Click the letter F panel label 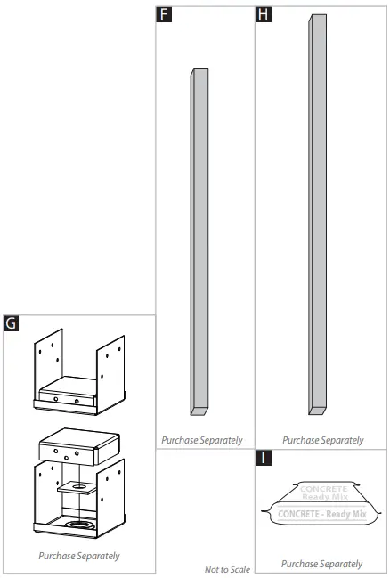coord(164,14)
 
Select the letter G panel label coord(12,323)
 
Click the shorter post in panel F coord(199,240)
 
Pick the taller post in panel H coord(317,214)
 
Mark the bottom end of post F coord(199,411)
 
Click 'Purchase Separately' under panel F coord(201,440)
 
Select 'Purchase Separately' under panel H coord(323,440)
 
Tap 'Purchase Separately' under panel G coord(79,556)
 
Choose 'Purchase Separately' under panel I coord(322,564)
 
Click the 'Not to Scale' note coord(227,568)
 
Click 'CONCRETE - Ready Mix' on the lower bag coord(322,515)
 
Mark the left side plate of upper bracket coord(50,365)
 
